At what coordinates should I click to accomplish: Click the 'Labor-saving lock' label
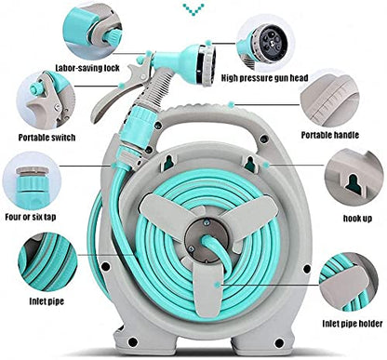tap(87, 68)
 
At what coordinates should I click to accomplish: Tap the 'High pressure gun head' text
tap(264, 77)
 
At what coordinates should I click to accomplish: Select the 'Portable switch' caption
tap(47, 138)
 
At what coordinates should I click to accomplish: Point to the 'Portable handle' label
tap(330, 135)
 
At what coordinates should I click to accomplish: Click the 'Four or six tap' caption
tap(31, 217)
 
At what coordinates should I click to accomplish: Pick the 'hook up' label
tap(357, 219)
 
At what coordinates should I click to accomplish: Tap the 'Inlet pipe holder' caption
tap(353, 324)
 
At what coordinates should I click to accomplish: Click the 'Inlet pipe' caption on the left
tap(47, 301)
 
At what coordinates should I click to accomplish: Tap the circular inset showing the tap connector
tap(32, 182)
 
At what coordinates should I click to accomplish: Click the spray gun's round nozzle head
tap(207, 66)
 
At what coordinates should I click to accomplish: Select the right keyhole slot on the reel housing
tap(250, 164)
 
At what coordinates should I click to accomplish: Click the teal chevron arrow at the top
tap(193, 8)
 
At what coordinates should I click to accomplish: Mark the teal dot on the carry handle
tap(231, 105)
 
